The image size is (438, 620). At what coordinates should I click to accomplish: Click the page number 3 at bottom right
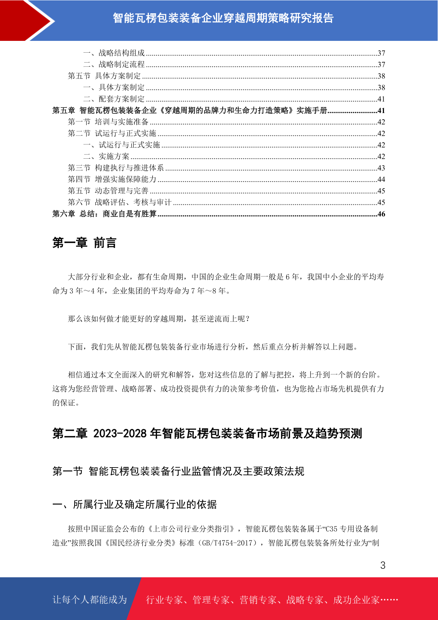(382, 566)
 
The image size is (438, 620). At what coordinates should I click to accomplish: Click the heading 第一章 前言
(84, 243)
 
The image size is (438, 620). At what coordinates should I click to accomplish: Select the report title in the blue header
(223, 18)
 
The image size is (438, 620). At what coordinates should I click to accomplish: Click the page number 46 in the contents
(381, 214)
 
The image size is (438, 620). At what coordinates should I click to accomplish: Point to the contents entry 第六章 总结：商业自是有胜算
(104, 214)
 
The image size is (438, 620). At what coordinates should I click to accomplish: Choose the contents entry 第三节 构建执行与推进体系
(116, 168)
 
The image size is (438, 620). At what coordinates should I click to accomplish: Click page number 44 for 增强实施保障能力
(381, 179)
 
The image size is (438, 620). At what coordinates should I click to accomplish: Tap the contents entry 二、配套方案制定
(114, 99)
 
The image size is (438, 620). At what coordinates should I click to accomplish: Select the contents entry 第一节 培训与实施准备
(108, 122)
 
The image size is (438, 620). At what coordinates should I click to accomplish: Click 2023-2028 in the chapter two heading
(120, 434)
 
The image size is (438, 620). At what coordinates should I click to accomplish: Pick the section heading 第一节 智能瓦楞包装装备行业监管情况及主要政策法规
(178, 471)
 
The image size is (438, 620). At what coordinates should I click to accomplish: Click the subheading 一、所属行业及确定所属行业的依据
(135, 504)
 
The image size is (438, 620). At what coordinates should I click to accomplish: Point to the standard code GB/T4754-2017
(227, 543)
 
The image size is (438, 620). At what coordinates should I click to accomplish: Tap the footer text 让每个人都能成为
(90, 600)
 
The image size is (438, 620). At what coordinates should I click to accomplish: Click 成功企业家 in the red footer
(356, 600)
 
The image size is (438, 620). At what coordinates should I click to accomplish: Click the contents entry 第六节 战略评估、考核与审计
(120, 202)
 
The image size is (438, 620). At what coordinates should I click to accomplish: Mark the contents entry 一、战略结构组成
(114, 53)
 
